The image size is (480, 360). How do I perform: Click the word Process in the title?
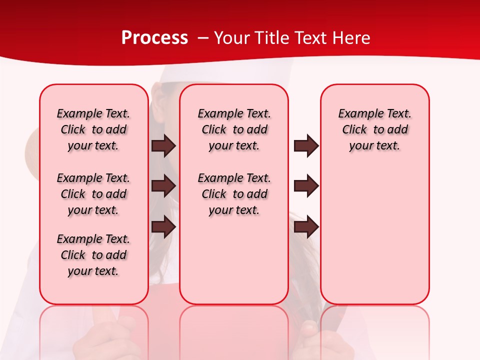pos(154,38)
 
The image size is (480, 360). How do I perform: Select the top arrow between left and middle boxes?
pos(163,145)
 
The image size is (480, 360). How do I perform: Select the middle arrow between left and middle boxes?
pos(163,186)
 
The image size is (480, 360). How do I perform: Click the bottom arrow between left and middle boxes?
pos(163,226)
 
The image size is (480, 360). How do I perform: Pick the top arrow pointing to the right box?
pos(306,145)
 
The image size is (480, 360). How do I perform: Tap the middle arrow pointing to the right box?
pos(306,186)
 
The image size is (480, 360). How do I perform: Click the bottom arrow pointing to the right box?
pos(306,226)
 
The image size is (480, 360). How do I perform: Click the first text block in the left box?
pos(93,129)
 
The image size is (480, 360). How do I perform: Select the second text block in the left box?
pos(93,194)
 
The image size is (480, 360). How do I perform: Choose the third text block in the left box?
pos(93,255)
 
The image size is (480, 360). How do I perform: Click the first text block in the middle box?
pos(234,129)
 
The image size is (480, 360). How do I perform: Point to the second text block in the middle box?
pos(234,194)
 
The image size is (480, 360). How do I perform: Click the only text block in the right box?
pos(374,129)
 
